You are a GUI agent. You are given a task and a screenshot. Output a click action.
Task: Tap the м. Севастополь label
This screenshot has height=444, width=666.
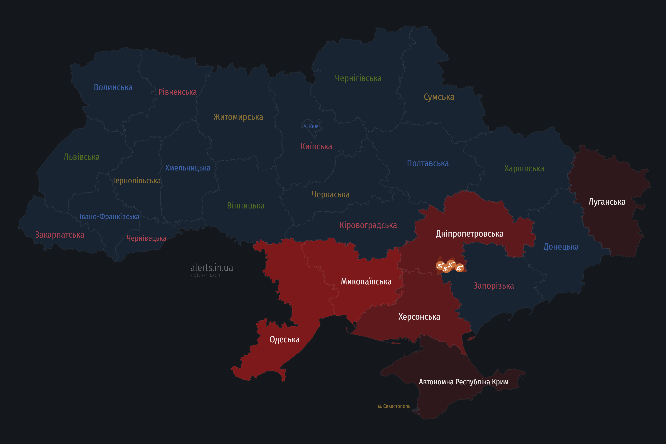pyautogui.click(x=394, y=406)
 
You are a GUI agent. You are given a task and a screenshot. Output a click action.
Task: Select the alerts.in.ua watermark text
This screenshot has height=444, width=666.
pyautogui.click(x=212, y=268)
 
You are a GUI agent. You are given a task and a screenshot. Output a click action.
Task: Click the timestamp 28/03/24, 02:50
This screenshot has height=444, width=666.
pyautogui.click(x=205, y=276)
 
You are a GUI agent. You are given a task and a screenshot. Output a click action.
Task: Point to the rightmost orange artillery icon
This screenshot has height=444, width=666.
pyautogui.click(x=460, y=268)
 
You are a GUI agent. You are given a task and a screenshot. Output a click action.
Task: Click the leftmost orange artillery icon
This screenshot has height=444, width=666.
pyautogui.click(x=440, y=266)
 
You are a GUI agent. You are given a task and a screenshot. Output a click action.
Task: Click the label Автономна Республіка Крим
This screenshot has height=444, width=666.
pyautogui.click(x=464, y=382)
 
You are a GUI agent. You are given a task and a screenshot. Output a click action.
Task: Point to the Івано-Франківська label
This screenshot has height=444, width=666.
pyautogui.click(x=109, y=217)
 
